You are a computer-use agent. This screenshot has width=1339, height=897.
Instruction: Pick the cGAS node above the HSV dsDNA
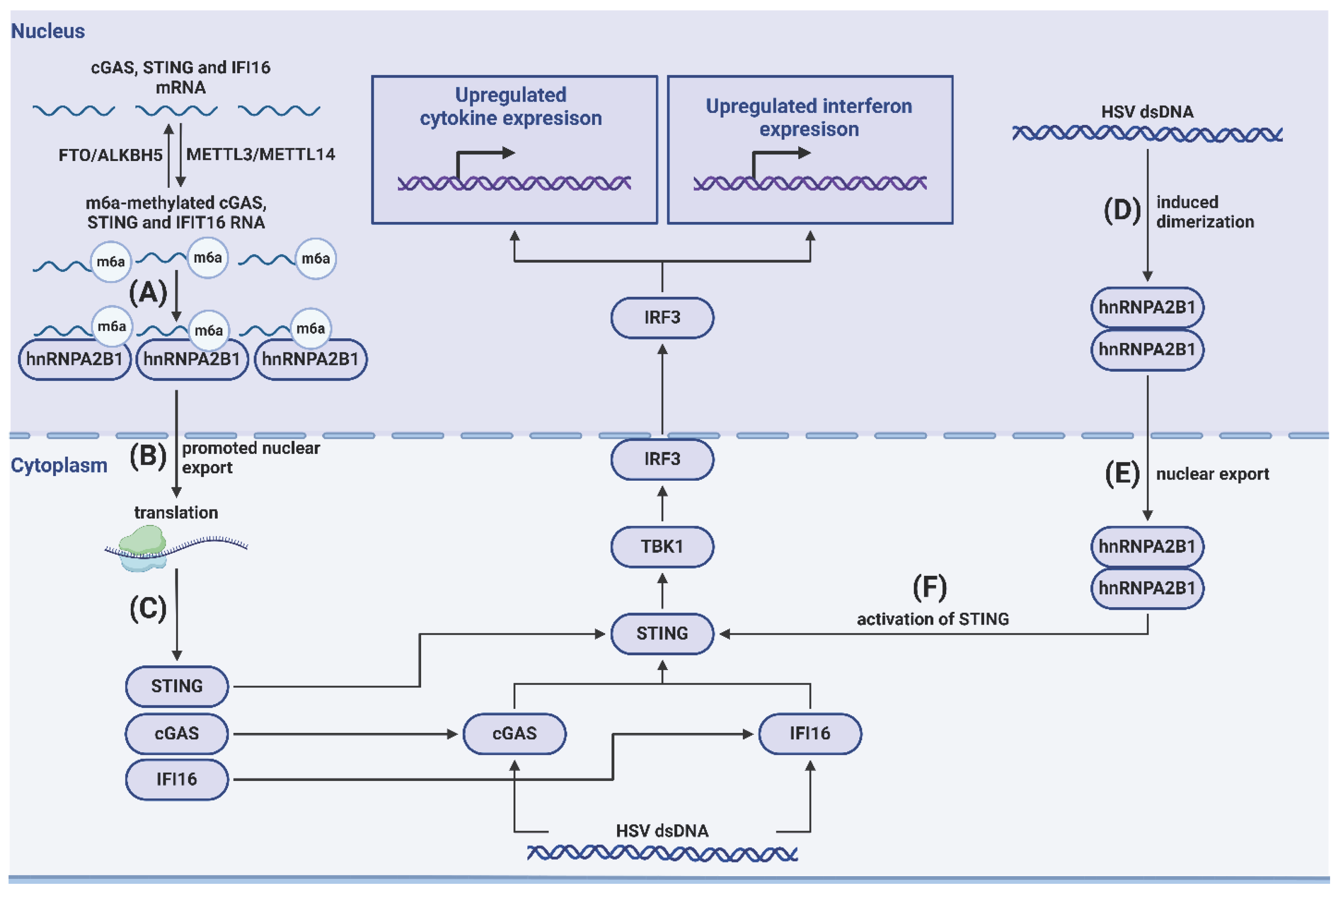pos(514,733)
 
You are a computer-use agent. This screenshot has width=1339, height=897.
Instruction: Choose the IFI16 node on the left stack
pos(177,779)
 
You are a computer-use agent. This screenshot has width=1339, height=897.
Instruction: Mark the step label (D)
pos(1122,210)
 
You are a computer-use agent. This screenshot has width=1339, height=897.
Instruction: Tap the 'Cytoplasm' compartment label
pos(59,465)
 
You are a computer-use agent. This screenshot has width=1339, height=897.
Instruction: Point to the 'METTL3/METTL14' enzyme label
pos(260,154)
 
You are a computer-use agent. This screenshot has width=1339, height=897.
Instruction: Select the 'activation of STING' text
pos(933,619)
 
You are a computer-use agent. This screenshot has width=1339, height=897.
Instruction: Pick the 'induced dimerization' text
pos(1205,212)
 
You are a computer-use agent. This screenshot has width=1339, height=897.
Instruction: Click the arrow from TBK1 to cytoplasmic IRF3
pos(662,504)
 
